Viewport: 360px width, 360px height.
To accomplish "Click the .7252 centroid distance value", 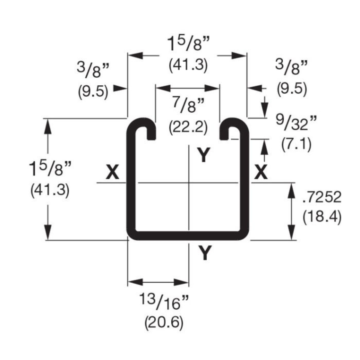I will (321, 198).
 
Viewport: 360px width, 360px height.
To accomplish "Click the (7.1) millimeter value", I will (296, 145).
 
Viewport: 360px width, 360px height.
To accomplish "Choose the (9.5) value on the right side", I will (292, 89).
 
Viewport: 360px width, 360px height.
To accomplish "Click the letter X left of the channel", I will (113, 173).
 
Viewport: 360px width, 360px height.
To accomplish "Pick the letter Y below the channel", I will (205, 254).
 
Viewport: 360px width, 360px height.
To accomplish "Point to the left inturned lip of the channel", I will (146, 128).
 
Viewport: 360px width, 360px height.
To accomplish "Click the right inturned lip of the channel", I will (229, 128).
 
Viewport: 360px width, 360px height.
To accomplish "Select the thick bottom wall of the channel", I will (188, 235).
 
